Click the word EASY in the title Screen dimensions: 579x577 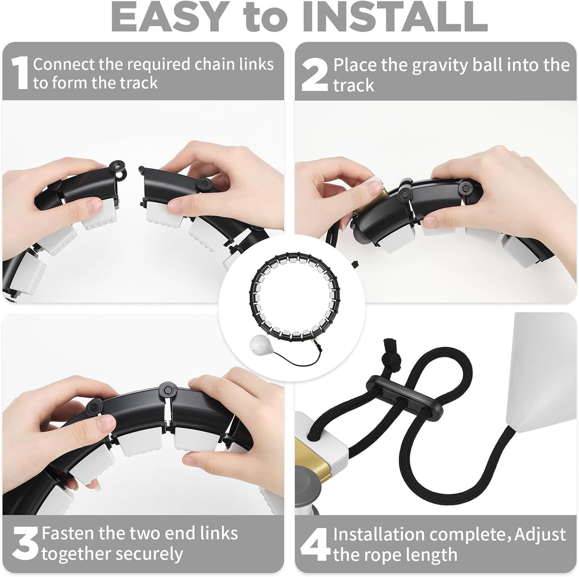[168, 17]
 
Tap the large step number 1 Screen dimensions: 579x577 [20, 73]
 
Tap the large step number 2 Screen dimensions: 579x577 [315, 75]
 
